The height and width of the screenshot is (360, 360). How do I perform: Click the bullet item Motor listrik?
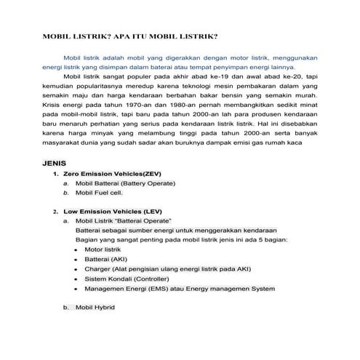(x=103, y=249)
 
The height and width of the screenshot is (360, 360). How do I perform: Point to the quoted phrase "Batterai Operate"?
(x=145, y=220)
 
